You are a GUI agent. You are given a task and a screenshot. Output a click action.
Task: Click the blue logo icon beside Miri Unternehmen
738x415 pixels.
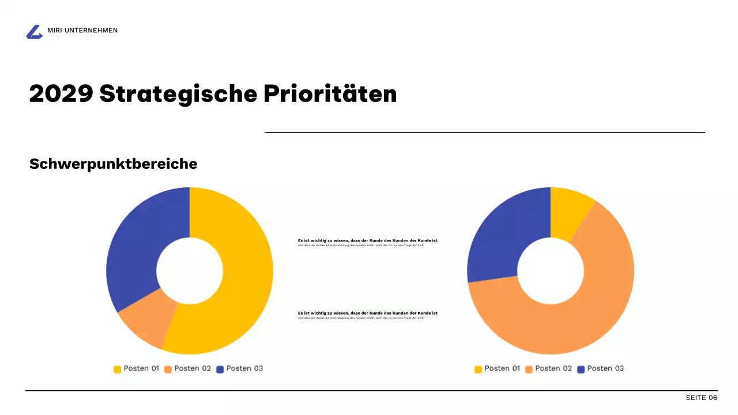[35, 32]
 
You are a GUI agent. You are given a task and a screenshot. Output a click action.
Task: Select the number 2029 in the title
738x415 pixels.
[61, 93]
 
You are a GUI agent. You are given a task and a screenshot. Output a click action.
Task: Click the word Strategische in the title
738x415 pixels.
[178, 93]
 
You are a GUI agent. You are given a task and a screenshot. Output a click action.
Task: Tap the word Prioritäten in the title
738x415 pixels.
[330, 93]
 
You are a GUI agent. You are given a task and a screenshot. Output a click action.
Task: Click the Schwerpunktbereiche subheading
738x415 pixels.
[113, 164]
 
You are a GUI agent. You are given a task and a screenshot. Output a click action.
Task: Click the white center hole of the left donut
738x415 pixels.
[190, 271]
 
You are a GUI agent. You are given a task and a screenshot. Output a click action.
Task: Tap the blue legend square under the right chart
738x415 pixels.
[581, 369]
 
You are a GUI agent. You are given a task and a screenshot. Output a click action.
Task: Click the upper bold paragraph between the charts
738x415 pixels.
[367, 240]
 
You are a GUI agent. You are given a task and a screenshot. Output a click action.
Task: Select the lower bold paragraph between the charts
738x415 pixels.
[367, 313]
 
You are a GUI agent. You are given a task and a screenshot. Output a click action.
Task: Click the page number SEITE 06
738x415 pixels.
[701, 398]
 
